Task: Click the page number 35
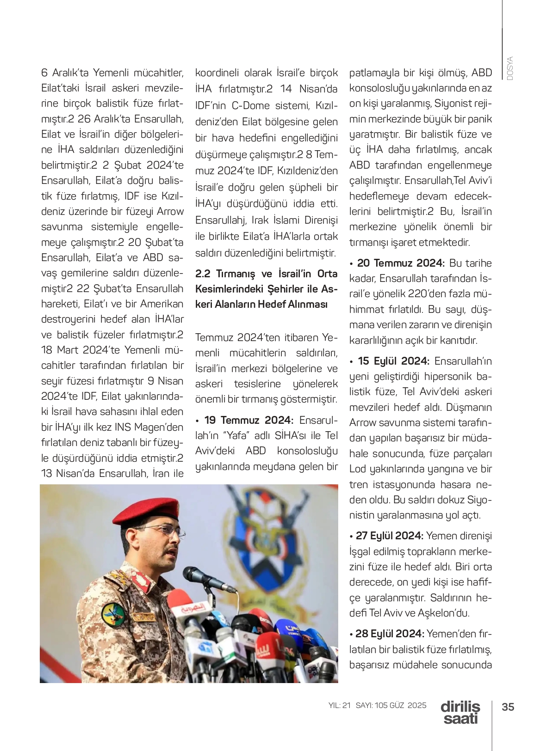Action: tap(508, 707)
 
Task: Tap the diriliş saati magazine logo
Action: tap(460, 713)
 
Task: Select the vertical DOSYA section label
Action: tap(509, 69)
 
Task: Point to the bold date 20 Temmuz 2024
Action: tap(401, 263)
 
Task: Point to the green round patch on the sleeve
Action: tap(114, 614)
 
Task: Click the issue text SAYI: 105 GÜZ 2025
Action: tap(391, 705)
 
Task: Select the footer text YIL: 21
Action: tap(340, 705)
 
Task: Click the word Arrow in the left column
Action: tap(170, 212)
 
